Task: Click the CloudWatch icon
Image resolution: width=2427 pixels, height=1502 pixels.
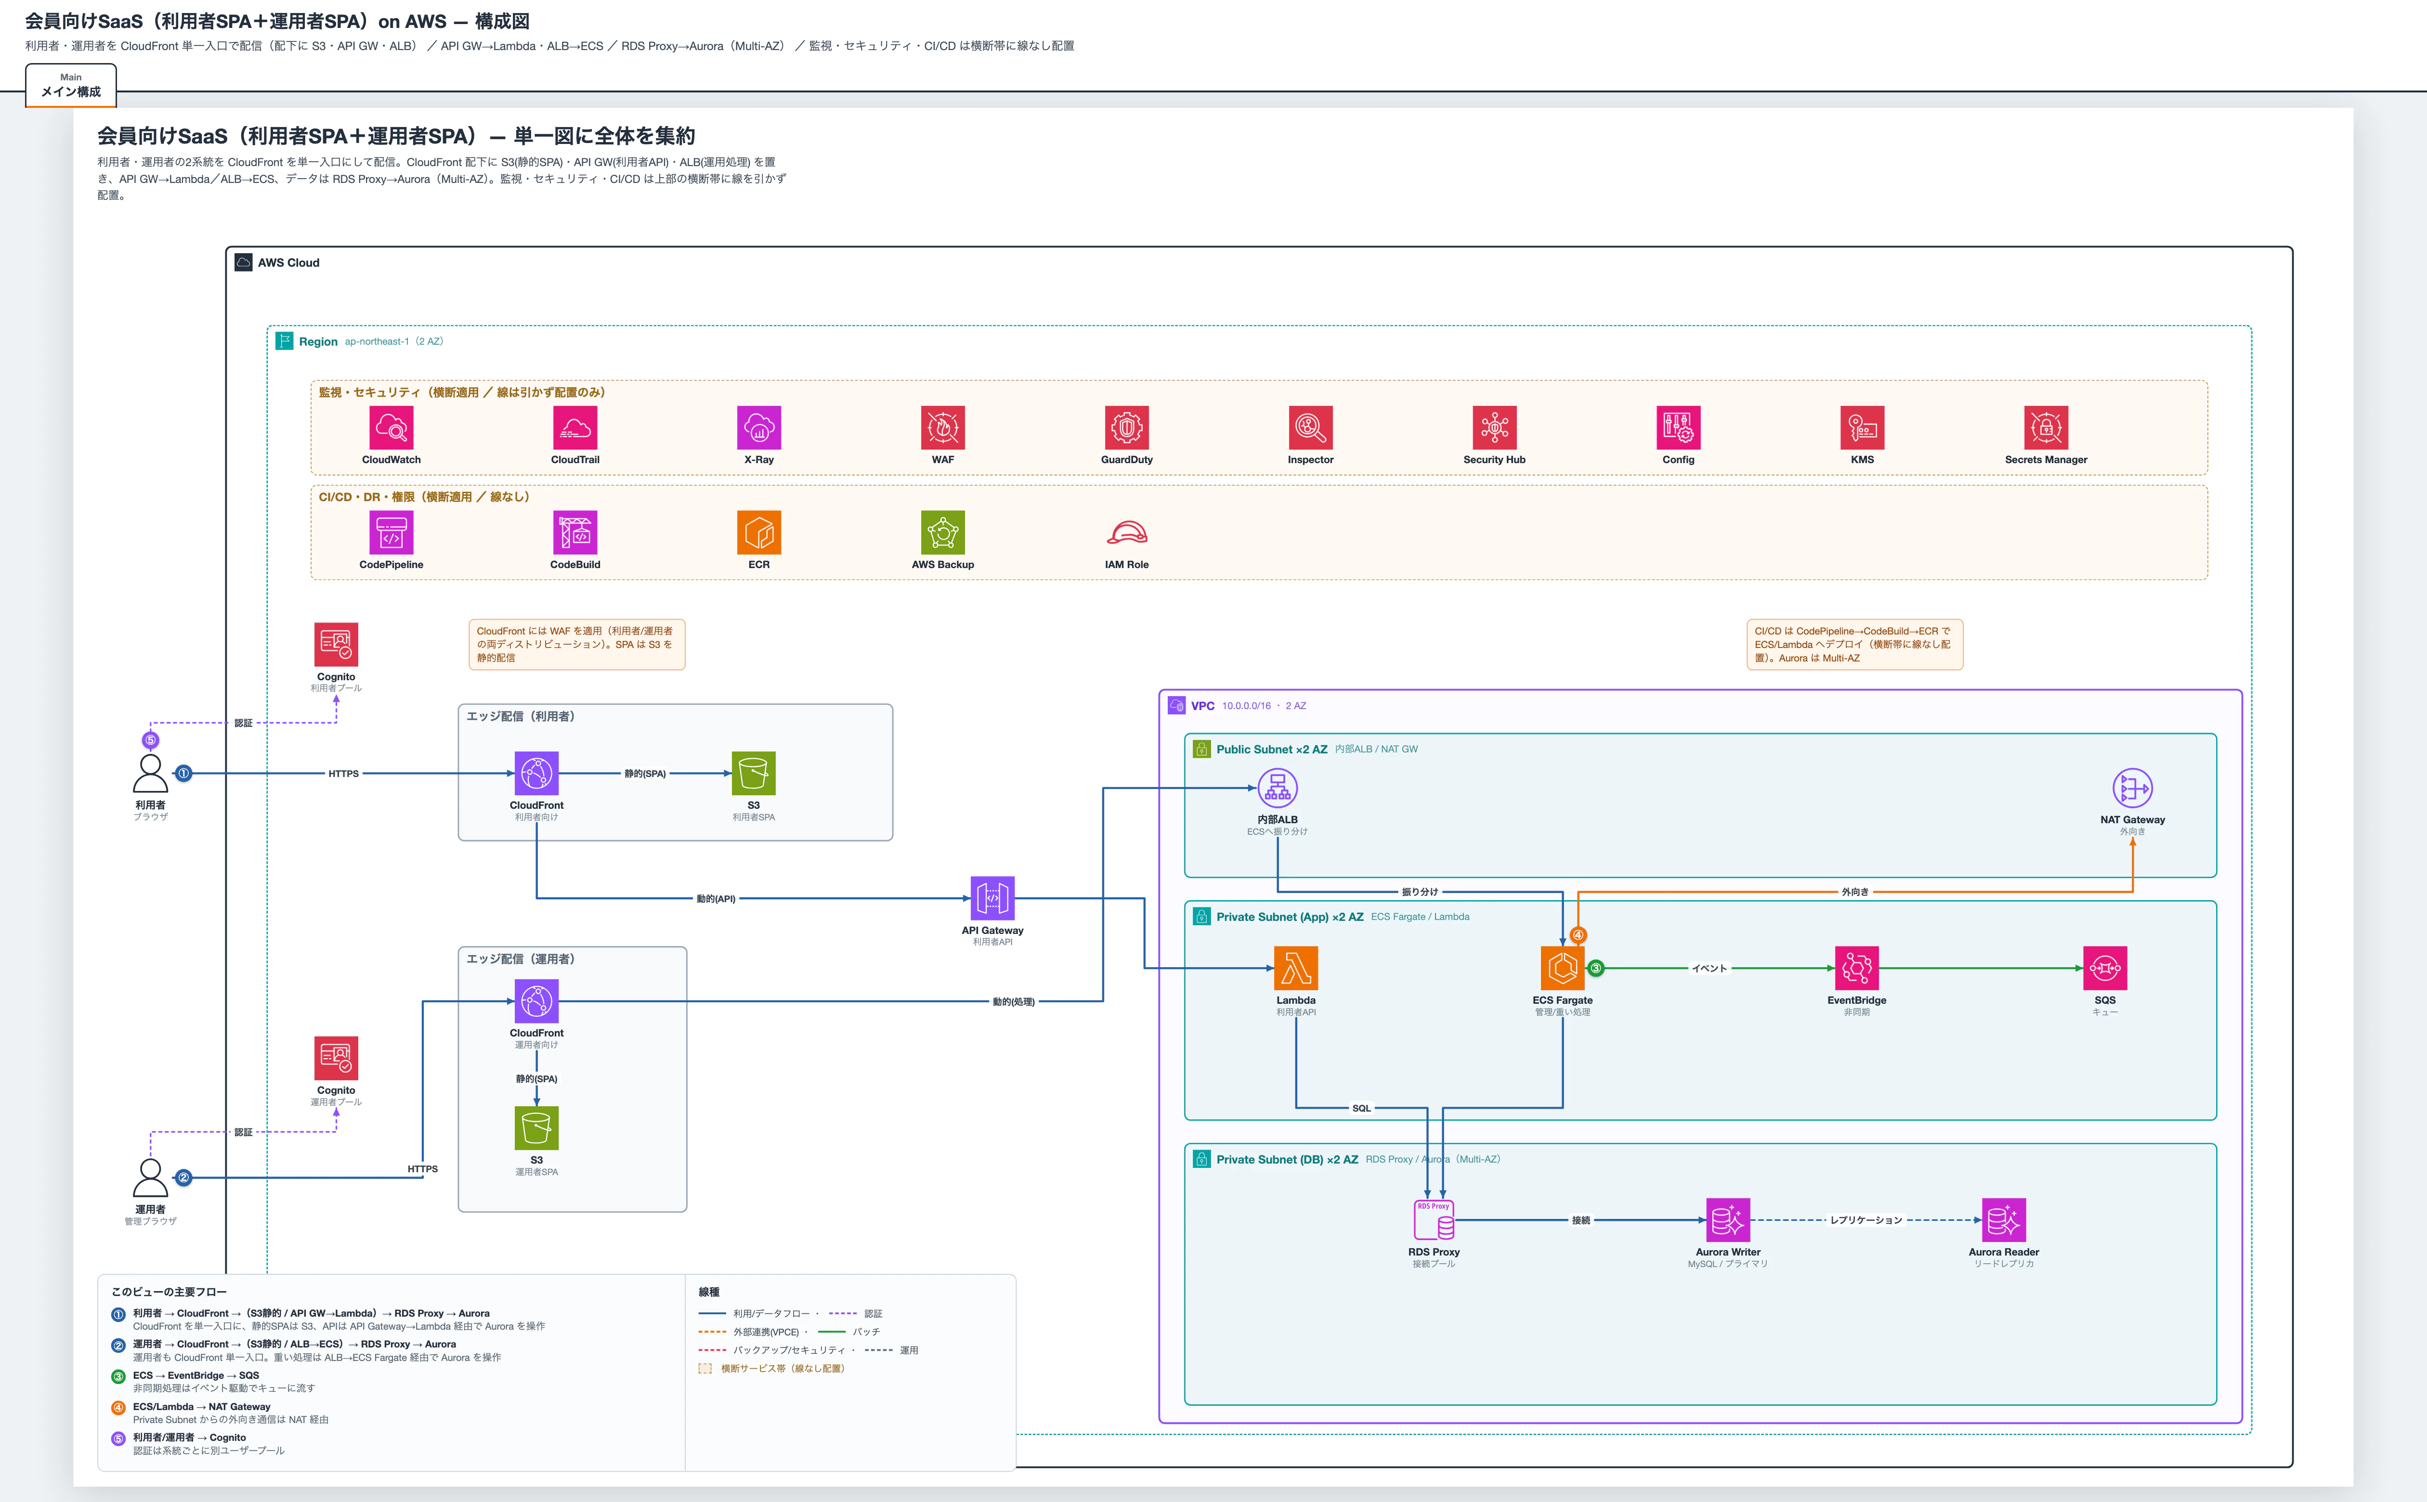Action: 391,428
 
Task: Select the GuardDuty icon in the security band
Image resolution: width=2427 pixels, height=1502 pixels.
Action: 1126,428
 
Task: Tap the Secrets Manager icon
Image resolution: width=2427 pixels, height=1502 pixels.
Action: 2046,428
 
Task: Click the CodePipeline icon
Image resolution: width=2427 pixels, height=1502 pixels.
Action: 391,532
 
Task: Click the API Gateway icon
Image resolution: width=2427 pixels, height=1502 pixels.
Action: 992,898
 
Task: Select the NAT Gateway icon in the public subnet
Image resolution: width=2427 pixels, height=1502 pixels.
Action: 2132,789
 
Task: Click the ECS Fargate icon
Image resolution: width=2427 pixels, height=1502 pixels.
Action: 1563,968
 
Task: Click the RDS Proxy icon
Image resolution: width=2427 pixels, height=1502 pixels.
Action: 1434,1220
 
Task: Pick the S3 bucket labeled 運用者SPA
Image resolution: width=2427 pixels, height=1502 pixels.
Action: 536,1127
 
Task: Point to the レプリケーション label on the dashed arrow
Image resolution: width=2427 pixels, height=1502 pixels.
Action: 1866,1220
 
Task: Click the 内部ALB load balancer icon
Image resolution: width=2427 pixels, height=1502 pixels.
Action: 1278,789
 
